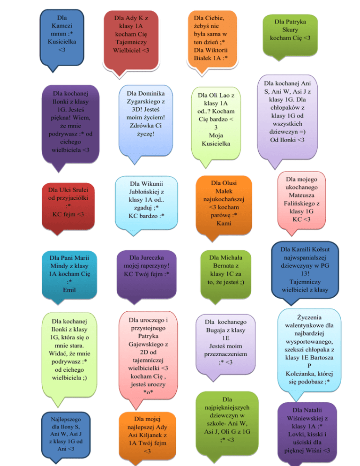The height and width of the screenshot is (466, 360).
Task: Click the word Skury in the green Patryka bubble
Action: point(290,30)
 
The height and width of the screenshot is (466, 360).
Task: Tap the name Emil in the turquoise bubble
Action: point(68,290)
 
